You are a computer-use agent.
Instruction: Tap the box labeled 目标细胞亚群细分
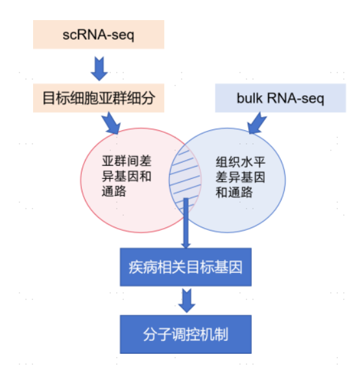click(99, 99)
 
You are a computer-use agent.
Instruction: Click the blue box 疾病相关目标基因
click(185, 266)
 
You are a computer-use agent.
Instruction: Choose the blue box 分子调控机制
click(185, 335)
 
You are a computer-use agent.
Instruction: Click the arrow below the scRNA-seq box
click(99, 67)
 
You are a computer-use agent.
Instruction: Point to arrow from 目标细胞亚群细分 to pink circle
click(111, 121)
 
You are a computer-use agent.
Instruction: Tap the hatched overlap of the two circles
click(186, 175)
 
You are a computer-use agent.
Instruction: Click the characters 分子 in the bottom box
click(158, 335)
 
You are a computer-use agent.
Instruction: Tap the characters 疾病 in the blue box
click(141, 266)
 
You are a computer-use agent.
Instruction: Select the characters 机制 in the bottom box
click(214, 335)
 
